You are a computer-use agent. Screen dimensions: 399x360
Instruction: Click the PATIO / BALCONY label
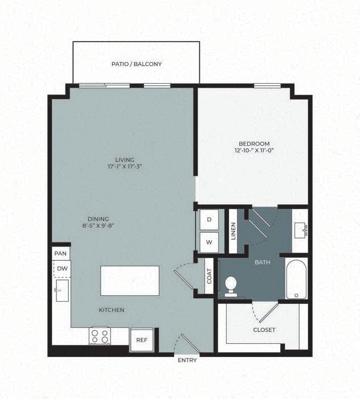(x=136, y=64)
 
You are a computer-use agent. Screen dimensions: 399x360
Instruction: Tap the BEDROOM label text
(x=255, y=143)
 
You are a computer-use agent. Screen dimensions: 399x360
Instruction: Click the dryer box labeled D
(x=208, y=219)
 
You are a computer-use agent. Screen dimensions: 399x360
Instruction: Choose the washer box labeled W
(x=208, y=242)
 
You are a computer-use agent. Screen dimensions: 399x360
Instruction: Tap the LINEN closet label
(x=233, y=231)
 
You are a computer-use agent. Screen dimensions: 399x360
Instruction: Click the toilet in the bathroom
(x=231, y=285)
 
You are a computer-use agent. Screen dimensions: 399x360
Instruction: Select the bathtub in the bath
(x=296, y=279)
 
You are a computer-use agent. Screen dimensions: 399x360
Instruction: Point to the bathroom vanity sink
(x=300, y=230)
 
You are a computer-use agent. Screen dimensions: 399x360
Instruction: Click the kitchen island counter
(x=130, y=281)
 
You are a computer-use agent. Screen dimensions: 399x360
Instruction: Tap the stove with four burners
(x=100, y=335)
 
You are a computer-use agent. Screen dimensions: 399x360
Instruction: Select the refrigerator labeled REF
(x=141, y=340)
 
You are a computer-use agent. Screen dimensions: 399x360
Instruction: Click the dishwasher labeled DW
(x=62, y=268)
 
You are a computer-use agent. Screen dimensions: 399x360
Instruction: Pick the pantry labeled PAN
(x=61, y=253)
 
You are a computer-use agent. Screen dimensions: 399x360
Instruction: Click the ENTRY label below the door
(x=187, y=360)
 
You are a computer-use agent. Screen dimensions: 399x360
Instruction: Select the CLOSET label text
(x=264, y=330)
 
